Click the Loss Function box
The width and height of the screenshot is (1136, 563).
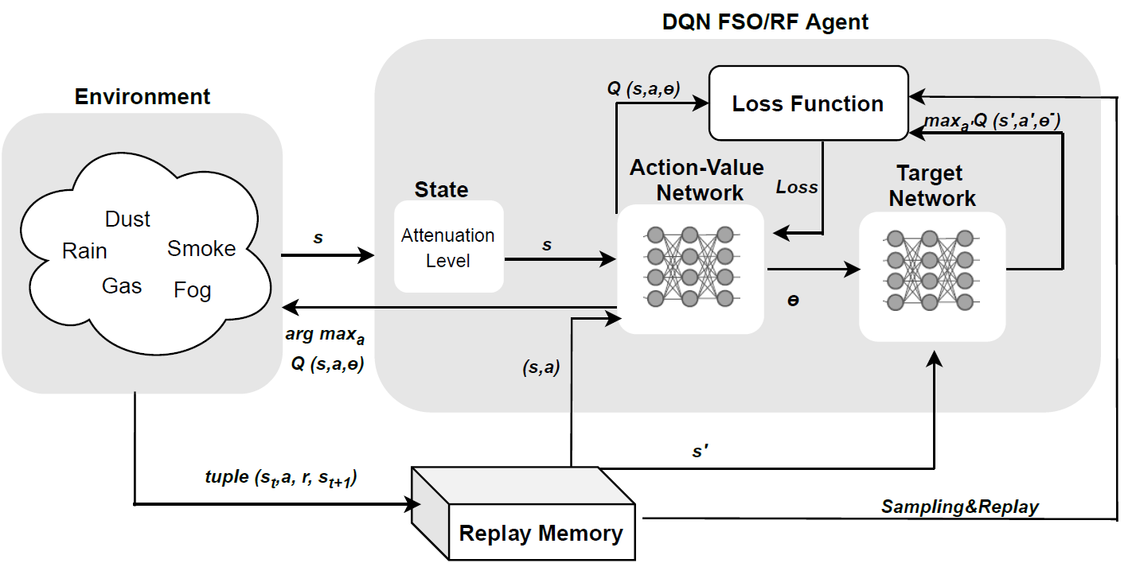click(x=808, y=103)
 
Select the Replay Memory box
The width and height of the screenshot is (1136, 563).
click(x=523, y=514)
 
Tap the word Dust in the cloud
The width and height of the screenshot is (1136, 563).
click(x=127, y=219)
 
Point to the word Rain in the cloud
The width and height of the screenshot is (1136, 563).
click(x=84, y=250)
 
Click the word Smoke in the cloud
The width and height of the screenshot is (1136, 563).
click(x=201, y=248)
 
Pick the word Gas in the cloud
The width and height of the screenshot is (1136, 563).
click(x=122, y=285)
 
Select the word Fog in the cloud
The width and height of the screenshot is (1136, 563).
click(x=192, y=290)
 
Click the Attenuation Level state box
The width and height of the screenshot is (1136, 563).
click(x=449, y=247)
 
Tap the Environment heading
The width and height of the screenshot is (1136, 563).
click(x=142, y=96)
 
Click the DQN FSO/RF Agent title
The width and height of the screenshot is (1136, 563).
click(x=765, y=21)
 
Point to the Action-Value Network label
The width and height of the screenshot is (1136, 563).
click(x=697, y=180)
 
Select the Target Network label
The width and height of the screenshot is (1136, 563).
click(x=931, y=185)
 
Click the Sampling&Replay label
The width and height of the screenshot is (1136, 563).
click(x=960, y=507)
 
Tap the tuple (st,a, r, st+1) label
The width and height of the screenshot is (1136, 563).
click(x=281, y=478)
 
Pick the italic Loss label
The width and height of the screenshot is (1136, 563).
click(x=797, y=187)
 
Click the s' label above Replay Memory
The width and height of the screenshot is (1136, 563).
click(x=701, y=451)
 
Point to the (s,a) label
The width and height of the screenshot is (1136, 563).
click(x=541, y=367)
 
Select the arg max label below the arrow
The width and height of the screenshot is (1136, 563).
click(x=325, y=335)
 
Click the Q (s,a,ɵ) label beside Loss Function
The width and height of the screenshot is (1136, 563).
click(x=643, y=89)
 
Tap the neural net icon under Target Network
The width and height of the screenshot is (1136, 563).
click(x=931, y=270)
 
